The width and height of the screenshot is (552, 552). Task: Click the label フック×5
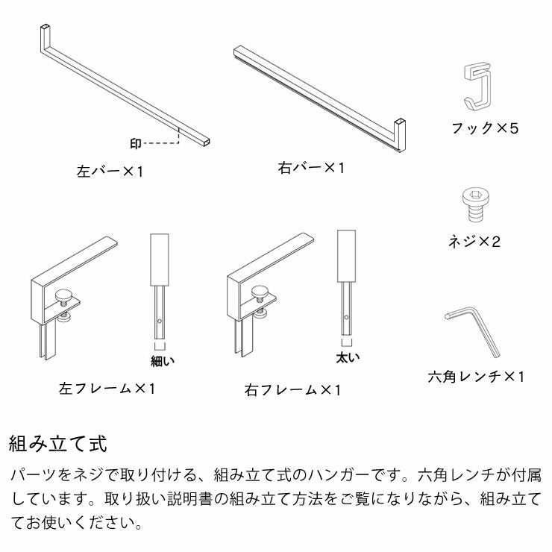[484, 128]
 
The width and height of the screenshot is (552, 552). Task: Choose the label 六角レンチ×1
[476, 377]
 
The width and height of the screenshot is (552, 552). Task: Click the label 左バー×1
[110, 171]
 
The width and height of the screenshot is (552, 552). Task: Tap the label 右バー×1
[311, 168]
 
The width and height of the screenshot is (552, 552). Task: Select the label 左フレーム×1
[107, 389]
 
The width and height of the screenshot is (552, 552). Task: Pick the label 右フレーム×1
[292, 389]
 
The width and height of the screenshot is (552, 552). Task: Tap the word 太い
[348, 357]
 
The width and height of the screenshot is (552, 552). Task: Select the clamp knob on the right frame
[262, 292]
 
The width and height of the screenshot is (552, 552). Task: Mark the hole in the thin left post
[160, 322]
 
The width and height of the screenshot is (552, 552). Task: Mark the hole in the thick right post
[347, 316]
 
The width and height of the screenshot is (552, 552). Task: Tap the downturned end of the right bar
[400, 134]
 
